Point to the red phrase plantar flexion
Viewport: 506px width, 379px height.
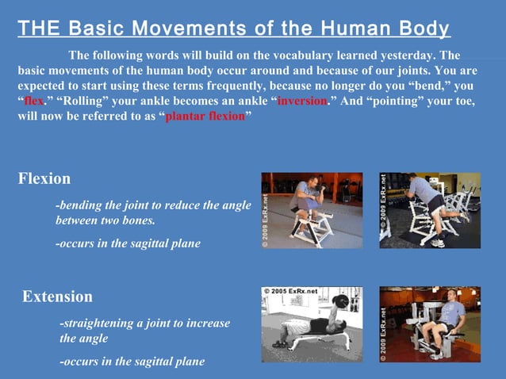pyautogui.click(x=205, y=117)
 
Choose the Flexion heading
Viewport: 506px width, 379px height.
pyautogui.click(x=44, y=178)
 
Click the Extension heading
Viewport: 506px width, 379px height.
pyautogui.click(x=57, y=297)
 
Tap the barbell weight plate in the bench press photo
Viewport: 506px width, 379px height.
pyautogui.click(x=342, y=302)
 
